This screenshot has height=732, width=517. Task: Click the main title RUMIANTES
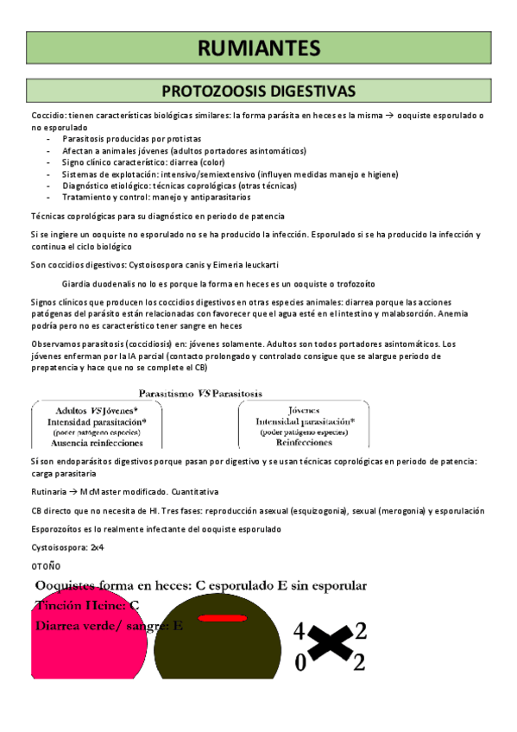[258, 47]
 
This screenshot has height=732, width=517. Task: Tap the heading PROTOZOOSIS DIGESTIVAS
[258, 91]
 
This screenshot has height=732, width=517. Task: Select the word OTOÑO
[46, 565]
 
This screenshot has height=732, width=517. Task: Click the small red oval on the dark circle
[221, 617]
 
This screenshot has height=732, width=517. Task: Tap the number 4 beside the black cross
[299, 631]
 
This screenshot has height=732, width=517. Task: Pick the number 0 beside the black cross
[299, 663]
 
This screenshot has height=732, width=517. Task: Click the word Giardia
[78, 284]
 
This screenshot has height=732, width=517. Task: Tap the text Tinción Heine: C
[87, 605]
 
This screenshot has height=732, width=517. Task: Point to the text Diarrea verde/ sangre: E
[108, 627]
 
